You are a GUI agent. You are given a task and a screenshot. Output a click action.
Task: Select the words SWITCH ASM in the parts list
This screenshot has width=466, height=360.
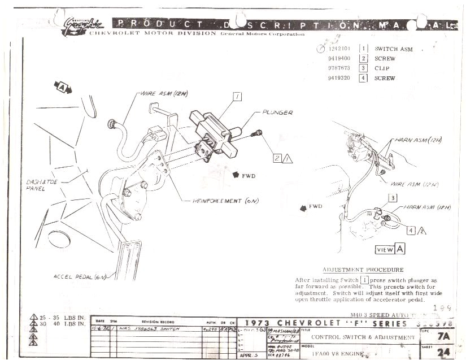pyautogui.click(x=393, y=49)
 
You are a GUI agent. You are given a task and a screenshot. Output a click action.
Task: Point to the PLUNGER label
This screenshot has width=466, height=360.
pyautogui.click(x=277, y=113)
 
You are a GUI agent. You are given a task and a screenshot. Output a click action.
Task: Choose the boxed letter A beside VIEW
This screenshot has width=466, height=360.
pyautogui.click(x=400, y=249)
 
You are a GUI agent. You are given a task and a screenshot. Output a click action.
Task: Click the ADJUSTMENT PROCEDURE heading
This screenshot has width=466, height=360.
pyautogui.click(x=363, y=270)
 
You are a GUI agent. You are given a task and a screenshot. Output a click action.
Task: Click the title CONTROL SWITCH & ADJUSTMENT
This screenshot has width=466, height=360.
pyautogui.click(x=363, y=337)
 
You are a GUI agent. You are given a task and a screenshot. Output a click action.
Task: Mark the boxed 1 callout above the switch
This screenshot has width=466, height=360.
pyautogui.click(x=237, y=97)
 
